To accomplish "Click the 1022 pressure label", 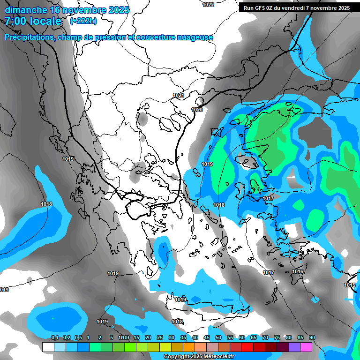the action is coord(208,5).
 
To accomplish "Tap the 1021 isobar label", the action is coord(178,95).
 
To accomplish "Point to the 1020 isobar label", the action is coord(197,110).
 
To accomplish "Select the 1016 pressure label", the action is coord(298,272).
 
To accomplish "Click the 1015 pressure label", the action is coord(350,285).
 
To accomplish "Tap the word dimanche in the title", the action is coord(25,10).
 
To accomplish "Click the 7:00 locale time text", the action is coord(33,21).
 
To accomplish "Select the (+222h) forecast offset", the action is coord(83,21).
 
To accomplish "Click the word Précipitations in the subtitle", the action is coord(29,37).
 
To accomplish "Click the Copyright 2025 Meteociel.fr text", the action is coord(199,356).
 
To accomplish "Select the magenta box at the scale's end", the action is coord(307,347).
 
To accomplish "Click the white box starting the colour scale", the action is coord(48,347).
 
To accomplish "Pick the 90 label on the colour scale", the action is coord(312,337).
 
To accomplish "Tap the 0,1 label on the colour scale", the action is coord(55,337).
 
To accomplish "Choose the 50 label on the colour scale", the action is coord(218,337).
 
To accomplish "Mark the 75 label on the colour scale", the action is coord(277,337).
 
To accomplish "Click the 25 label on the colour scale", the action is coord(160,337).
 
